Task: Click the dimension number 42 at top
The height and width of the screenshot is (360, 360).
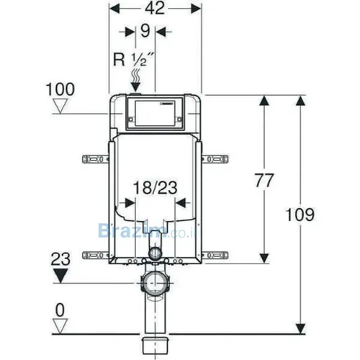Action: pyautogui.click(x=155, y=8)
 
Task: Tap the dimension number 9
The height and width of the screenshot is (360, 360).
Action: pyautogui.click(x=145, y=31)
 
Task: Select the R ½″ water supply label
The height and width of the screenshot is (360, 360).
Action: pyautogui.click(x=133, y=59)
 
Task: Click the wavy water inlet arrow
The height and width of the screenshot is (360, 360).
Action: pyautogui.click(x=135, y=80)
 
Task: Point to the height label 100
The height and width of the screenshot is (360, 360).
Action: pyautogui.click(x=60, y=89)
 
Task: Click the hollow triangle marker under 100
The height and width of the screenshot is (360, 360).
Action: pyautogui.click(x=60, y=107)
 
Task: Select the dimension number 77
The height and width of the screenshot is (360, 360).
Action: pyautogui.click(x=264, y=180)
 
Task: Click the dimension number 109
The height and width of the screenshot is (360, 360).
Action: pyautogui.click(x=300, y=215)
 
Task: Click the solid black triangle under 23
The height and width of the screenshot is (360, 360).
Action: pyautogui.click(x=60, y=276)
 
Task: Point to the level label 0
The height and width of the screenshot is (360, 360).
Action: pyautogui.click(x=60, y=310)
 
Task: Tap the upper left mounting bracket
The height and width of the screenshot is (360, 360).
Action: pyautogui.click(x=96, y=159)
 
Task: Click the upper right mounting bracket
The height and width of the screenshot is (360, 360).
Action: pyautogui.click(x=215, y=159)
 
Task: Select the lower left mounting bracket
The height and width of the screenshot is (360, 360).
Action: pyautogui.click(x=96, y=255)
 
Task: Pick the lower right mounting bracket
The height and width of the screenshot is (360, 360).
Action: pyautogui.click(x=215, y=255)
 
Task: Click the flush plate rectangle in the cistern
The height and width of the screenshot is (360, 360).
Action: pyautogui.click(x=155, y=113)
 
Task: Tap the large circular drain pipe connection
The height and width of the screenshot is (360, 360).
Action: pyautogui.click(x=155, y=283)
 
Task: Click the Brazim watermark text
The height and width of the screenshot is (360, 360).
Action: pyautogui.click(x=147, y=231)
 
